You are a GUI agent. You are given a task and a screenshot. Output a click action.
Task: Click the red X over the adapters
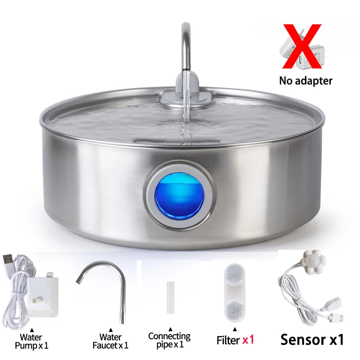(x=302, y=46)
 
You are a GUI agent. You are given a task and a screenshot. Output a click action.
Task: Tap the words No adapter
(x=306, y=81)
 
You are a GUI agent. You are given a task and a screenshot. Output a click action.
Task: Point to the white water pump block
(x=43, y=294)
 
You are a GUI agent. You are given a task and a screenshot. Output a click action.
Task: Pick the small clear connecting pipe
(x=170, y=297)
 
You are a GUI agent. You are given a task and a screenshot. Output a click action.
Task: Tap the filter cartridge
(x=235, y=293)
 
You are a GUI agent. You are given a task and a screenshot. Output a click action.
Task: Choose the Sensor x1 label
(x=312, y=339)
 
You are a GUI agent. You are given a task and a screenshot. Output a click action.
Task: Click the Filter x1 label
(x=235, y=340)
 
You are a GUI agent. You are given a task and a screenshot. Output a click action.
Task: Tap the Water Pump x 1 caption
(x=31, y=341)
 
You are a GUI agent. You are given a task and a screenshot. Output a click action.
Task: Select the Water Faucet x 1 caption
(x=110, y=341)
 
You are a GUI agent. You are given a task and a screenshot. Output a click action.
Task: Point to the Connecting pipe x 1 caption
(x=170, y=340)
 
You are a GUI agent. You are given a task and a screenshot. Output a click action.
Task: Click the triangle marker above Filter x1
(x=235, y=329)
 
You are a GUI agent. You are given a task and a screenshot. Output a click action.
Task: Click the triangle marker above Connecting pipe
(x=170, y=329)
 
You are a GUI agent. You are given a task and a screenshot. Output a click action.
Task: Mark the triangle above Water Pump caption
(x=32, y=330)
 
